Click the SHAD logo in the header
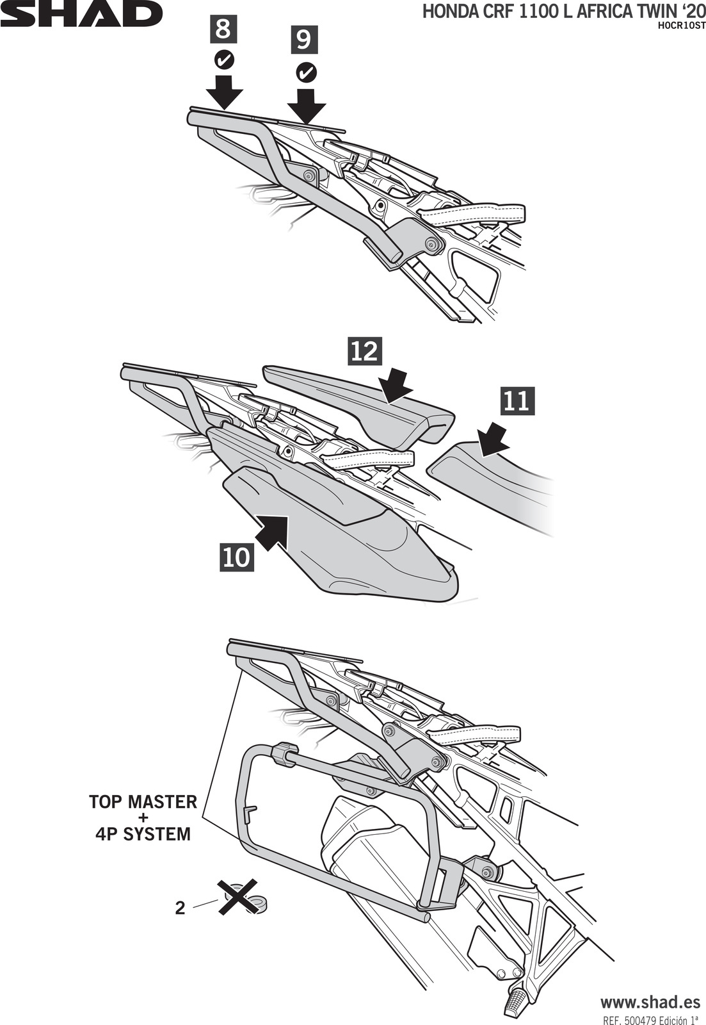[x=81, y=14]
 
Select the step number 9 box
[x=304, y=40]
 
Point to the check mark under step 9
[x=307, y=72]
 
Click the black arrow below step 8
[x=225, y=91]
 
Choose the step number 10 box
[x=236, y=556]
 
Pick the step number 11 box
[x=517, y=401]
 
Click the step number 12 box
[x=365, y=350]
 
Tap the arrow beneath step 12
[x=396, y=387]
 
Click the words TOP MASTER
[x=143, y=801]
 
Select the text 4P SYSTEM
[x=143, y=834]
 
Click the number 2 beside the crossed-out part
[x=181, y=908]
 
